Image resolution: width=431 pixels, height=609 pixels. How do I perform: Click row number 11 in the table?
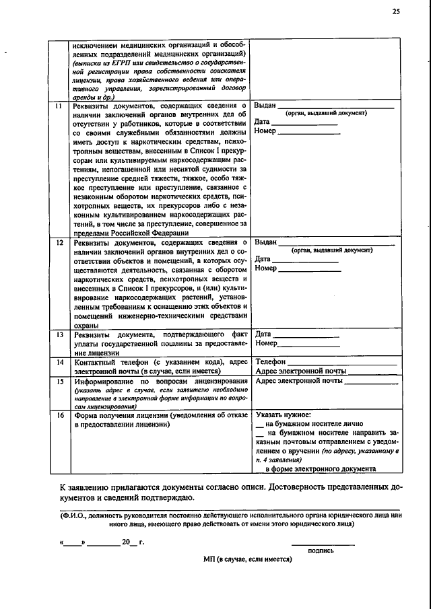pos(59,106)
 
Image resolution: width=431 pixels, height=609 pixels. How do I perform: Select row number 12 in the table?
pos(59,242)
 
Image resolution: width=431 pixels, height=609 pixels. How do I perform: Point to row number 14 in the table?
pos(59,362)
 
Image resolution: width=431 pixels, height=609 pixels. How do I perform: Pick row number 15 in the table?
pos(59,381)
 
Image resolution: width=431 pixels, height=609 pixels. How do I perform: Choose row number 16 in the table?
pos(59,415)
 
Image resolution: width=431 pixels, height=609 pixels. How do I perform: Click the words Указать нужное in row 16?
pos(283,415)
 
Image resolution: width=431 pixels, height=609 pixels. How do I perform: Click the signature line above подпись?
pos(323,544)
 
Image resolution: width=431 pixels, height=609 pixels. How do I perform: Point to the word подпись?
pos(321,550)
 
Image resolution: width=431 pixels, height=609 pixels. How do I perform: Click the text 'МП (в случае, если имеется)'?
pos(247,559)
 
